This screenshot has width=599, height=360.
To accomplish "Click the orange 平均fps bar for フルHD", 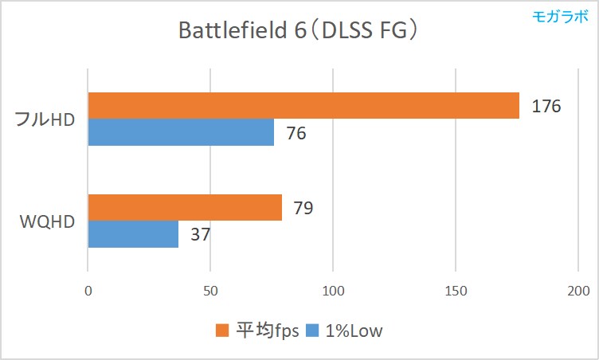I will tap(303, 106).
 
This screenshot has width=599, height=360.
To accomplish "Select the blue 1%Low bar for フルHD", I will tap(181, 132).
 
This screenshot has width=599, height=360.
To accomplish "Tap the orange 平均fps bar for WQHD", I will tap(185, 208).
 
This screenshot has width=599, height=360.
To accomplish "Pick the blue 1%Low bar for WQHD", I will tap(133, 234).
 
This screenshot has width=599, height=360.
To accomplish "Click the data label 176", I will tap(546, 106).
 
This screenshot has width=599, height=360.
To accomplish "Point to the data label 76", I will tap(296, 133).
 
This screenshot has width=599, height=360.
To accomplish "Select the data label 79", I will tap(303, 209).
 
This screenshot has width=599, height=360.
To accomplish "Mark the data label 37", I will tap(201, 235).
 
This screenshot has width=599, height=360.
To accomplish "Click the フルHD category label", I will tap(45, 119).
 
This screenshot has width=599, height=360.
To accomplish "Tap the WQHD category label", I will tap(47, 221).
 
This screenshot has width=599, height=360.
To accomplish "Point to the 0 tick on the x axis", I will tap(88, 292).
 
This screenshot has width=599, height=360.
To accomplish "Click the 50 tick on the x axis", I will tap(210, 292).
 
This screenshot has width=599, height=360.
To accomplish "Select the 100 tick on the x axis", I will tap(333, 292).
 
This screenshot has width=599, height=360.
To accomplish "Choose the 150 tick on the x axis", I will tap(455, 292).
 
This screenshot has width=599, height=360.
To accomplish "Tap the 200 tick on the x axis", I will tap(577, 292).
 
